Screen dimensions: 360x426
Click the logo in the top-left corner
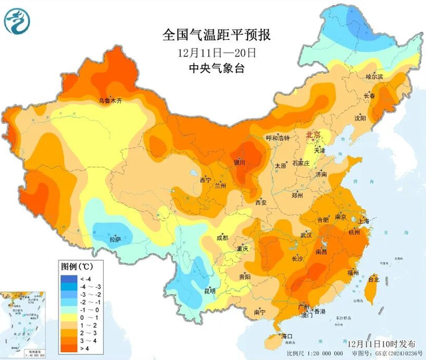point(18,22)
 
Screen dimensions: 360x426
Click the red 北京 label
point(314,135)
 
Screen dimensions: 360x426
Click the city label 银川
point(239,162)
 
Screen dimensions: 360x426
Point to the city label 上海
point(363,221)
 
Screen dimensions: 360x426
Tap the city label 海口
point(287,335)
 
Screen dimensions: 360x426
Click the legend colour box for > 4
point(69,347)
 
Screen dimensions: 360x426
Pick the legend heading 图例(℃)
point(75,266)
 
